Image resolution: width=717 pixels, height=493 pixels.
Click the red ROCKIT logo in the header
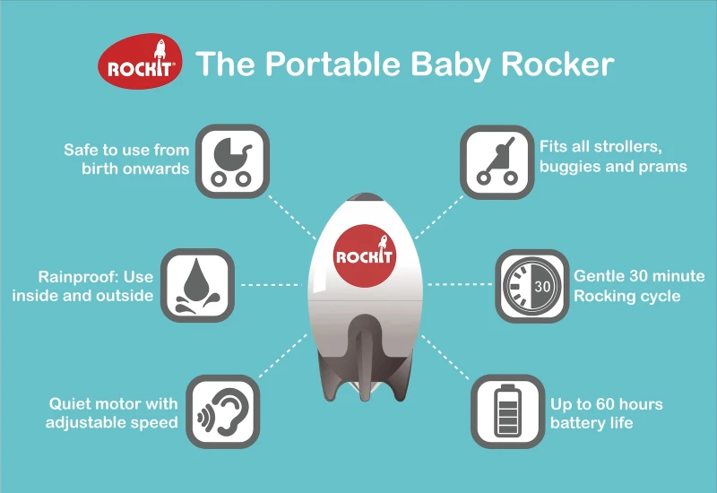(140, 61)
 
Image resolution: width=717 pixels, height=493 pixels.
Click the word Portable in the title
(333, 64)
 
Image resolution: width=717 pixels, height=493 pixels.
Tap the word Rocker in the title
(557, 64)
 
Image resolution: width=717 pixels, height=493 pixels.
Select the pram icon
(232, 161)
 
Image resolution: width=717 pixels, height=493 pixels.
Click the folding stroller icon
(497, 162)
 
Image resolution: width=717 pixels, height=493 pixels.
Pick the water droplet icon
(197, 285)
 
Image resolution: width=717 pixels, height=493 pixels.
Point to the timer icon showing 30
(532, 286)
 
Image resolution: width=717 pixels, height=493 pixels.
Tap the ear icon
(223, 411)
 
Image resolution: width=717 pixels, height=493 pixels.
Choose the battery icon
(508, 411)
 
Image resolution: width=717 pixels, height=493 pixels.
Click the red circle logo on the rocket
(365, 255)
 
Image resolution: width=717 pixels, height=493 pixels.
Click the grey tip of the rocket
(365, 196)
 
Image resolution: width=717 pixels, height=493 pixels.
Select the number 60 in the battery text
(606, 404)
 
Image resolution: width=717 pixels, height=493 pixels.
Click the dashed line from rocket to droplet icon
(272, 285)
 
